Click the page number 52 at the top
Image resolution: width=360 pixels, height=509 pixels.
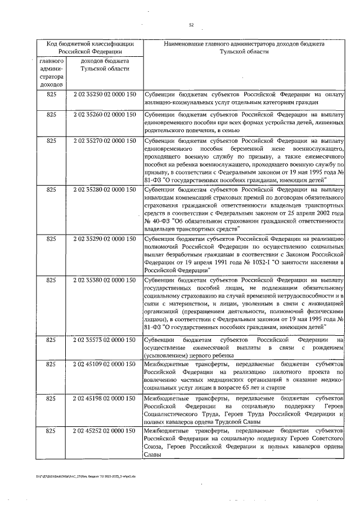pos(191,24)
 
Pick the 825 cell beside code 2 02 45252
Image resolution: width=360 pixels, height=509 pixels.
pos(52,430)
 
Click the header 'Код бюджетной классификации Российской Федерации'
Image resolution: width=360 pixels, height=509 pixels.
pos(89,47)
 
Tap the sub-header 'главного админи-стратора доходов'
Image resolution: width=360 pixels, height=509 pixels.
pos(52,72)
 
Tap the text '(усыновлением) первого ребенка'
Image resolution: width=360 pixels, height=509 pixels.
pos(188,355)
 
